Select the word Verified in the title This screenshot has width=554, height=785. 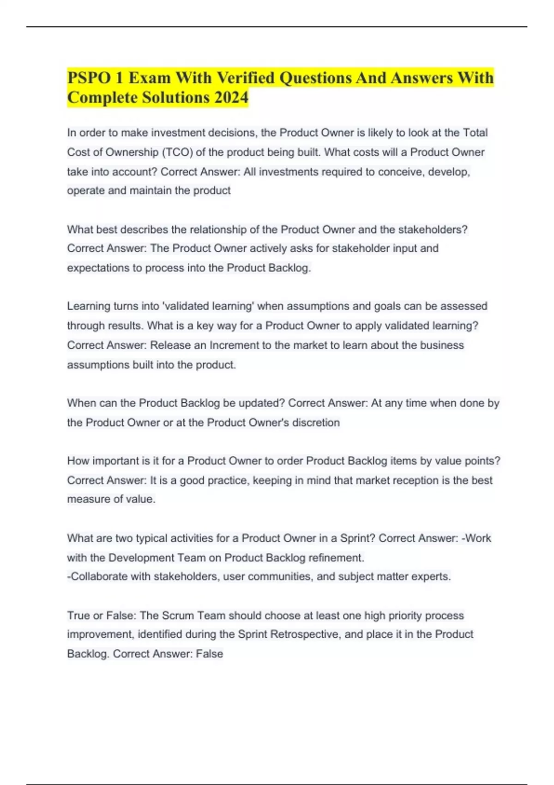coord(246,78)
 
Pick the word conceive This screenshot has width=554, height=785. coord(400,172)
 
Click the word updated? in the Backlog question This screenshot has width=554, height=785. coord(261,403)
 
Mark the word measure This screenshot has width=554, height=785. coord(87,499)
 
